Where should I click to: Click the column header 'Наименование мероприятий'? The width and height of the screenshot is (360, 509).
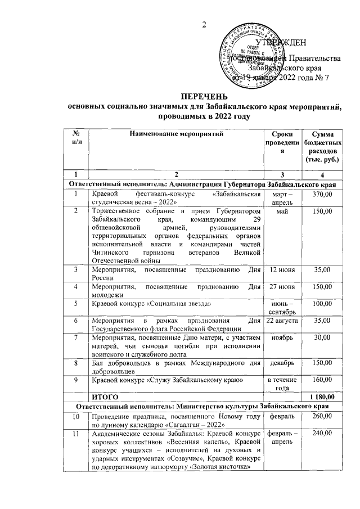[176, 134]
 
